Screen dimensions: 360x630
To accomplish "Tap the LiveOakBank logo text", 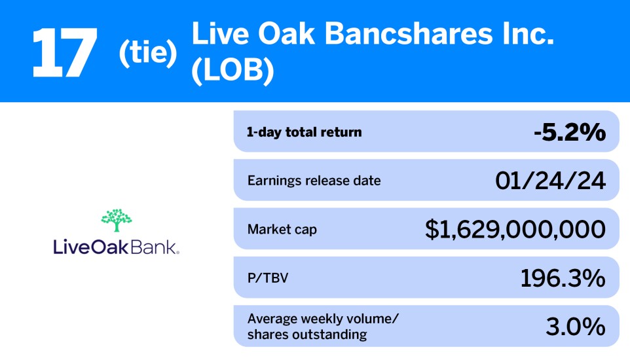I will (x=116, y=247).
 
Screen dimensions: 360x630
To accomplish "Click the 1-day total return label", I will (x=304, y=132).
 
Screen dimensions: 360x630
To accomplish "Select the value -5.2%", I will (x=569, y=132).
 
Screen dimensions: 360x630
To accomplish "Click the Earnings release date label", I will (x=314, y=181).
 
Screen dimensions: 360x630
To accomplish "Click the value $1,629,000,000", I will (x=515, y=229).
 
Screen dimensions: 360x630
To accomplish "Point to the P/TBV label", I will (x=267, y=278).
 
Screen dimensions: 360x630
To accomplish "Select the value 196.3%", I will (x=563, y=278).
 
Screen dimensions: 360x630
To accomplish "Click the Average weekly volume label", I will (x=322, y=319).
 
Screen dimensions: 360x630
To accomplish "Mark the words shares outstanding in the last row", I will (x=307, y=335).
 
